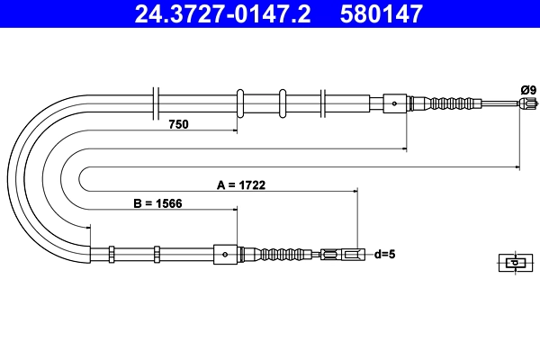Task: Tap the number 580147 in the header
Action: (379, 13)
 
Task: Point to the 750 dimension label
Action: (178, 125)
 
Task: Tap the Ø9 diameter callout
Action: (527, 88)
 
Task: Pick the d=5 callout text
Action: (384, 255)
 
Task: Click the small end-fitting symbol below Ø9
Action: (513, 263)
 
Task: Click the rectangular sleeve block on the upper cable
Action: (396, 103)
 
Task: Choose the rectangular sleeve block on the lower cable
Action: (225, 255)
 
